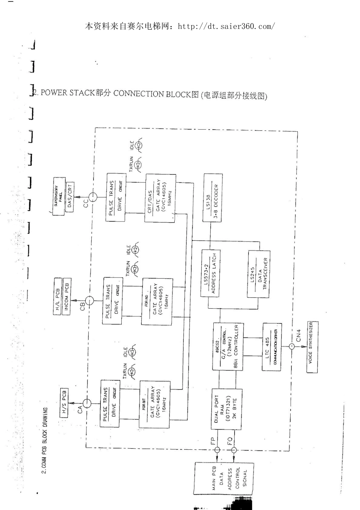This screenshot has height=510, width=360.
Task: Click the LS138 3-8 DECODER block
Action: (x=213, y=198)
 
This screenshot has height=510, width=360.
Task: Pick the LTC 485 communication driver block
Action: (x=272, y=347)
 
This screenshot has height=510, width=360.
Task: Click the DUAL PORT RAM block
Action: (x=226, y=409)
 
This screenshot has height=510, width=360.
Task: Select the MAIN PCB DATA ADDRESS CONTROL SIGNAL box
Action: (x=223, y=479)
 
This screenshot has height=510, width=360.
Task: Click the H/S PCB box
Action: (x=64, y=403)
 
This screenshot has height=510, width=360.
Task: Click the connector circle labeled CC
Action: (x=92, y=197)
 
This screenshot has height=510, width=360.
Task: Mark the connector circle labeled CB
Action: (x=89, y=301)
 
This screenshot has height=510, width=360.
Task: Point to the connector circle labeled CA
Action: (x=87, y=403)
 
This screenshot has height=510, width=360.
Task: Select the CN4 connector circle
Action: (x=292, y=347)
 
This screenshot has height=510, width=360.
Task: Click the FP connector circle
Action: (x=217, y=450)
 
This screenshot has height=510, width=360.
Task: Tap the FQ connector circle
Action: (x=233, y=450)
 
